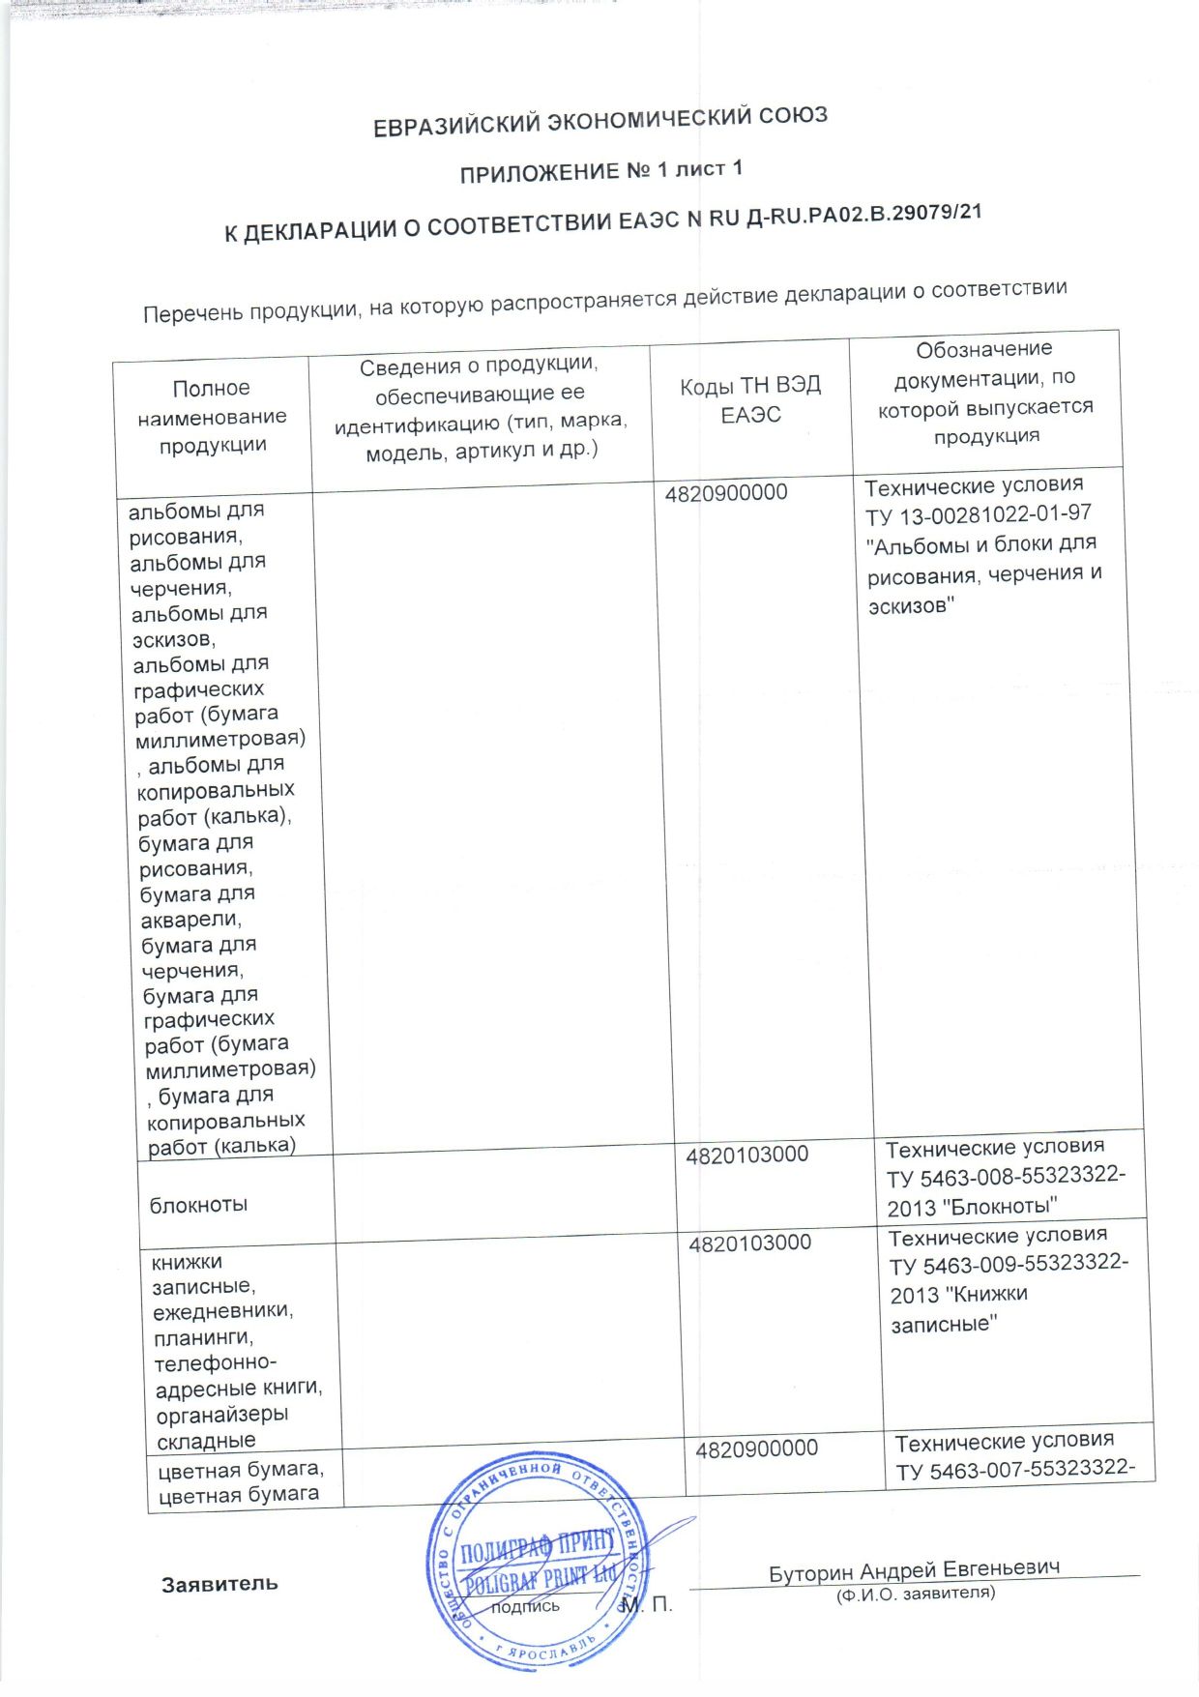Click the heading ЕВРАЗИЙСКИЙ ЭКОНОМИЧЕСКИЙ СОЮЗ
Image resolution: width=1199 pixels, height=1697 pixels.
coord(599,122)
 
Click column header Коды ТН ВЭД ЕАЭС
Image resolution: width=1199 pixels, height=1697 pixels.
coord(750,399)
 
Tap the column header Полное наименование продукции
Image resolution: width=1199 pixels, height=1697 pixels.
coord(212,417)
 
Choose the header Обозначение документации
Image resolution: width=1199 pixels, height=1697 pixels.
coord(984,392)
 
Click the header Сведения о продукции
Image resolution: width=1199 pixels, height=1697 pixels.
coord(481,408)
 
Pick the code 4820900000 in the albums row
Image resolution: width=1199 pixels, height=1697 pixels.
coord(726,493)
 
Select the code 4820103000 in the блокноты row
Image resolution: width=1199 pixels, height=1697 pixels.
coord(746,1155)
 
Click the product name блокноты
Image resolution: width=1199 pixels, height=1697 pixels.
coord(198,1205)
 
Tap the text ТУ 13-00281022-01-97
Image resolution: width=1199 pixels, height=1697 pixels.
coord(979,515)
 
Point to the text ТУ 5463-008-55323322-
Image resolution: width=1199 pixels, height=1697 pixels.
coord(1006,1177)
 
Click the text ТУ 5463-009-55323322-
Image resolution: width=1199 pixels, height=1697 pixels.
coord(1009,1265)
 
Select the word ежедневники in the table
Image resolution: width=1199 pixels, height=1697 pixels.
coord(222,1312)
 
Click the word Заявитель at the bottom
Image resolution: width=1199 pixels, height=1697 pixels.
coord(219,1584)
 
